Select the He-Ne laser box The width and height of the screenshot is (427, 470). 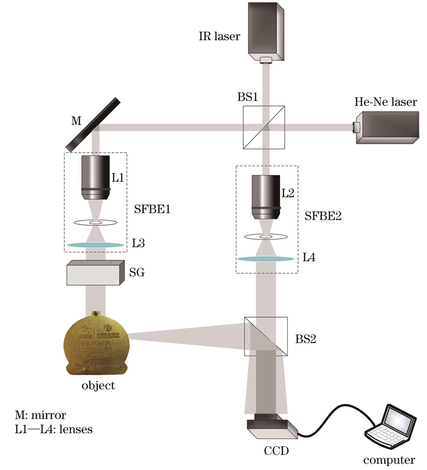pyautogui.click(x=386, y=127)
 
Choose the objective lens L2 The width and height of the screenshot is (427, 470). pyautogui.click(x=266, y=197)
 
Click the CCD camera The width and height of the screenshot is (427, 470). pyautogui.click(x=271, y=426)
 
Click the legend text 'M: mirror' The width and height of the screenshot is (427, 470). pyautogui.click(x=41, y=416)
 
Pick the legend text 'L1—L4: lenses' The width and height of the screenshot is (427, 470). pyautogui.click(x=52, y=430)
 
